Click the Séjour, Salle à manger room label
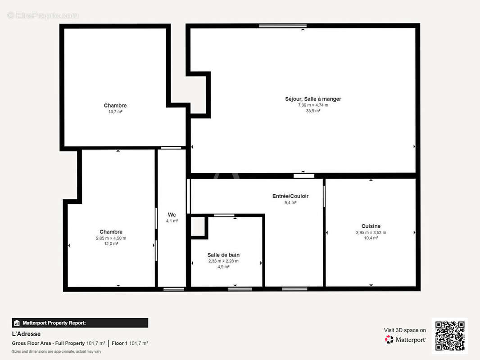coord(313,99)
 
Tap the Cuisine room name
coord(371,226)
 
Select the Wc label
coord(172,215)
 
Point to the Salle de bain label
coord(223,255)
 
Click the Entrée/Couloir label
coord(290,196)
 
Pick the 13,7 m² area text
coord(115,112)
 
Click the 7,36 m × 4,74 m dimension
coord(313,105)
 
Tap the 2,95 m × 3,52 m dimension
coord(371,233)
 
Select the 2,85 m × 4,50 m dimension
coord(111,238)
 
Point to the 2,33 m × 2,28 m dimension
coord(223,261)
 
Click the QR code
coord(450,336)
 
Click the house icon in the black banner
coord(17,323)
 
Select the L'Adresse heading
coord(26,334)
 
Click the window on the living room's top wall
coord(282,26)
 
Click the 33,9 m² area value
coord(313,111)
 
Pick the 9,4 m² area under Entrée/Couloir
coord(290,202)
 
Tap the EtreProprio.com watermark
coord(43,15)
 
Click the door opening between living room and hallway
coord(303,176)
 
